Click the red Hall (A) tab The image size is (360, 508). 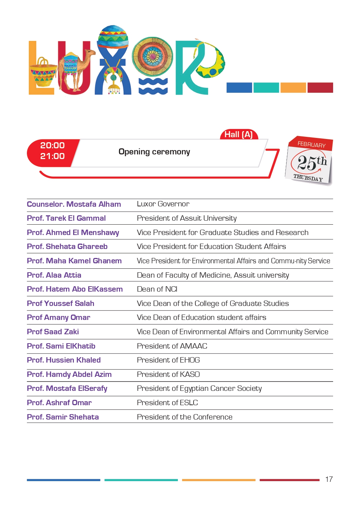238,135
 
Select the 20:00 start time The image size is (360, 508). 52,145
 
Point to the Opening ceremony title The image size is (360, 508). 154,152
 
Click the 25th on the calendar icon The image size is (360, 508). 312,162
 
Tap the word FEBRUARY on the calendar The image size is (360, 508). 311,144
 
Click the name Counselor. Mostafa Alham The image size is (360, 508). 74,204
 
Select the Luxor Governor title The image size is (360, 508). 163,204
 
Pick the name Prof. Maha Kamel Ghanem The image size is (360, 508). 74,261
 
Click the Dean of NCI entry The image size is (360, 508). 157,289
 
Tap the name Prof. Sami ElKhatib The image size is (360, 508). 61,346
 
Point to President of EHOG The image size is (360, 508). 168,360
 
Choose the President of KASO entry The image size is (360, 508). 168,374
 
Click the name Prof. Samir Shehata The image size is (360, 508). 63,417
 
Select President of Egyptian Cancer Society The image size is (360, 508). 199,388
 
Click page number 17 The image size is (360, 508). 329,479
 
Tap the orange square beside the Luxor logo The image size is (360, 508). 293,87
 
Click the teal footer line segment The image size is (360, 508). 141,480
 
